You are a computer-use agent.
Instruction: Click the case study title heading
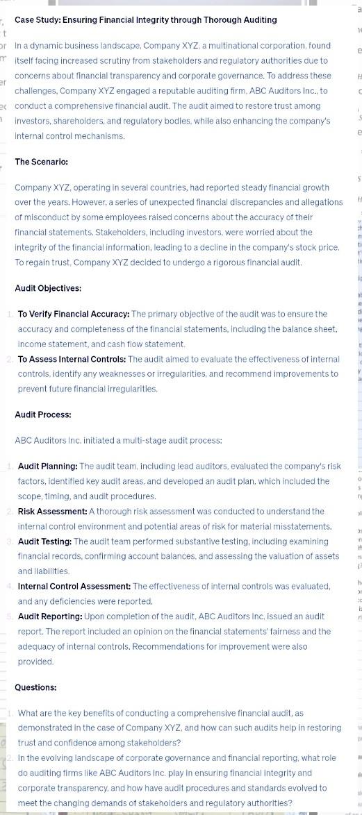point(145,20)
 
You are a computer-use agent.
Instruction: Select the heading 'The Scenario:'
point(42,162)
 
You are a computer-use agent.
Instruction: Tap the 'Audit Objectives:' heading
point(48,288)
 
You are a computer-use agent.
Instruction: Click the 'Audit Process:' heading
point(43,414)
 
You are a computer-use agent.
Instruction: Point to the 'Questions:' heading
point(35,687)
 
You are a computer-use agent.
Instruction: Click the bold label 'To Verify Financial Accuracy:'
point(74,314)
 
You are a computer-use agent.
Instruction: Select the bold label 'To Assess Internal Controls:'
point(72,359)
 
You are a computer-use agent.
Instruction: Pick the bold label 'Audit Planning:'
point(48,467)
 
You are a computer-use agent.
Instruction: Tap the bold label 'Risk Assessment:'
point(52,512)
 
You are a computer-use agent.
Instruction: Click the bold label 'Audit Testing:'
point(44,541)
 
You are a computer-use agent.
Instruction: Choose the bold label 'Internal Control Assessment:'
point(74,587)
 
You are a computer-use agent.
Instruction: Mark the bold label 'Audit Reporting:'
point(50,616)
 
